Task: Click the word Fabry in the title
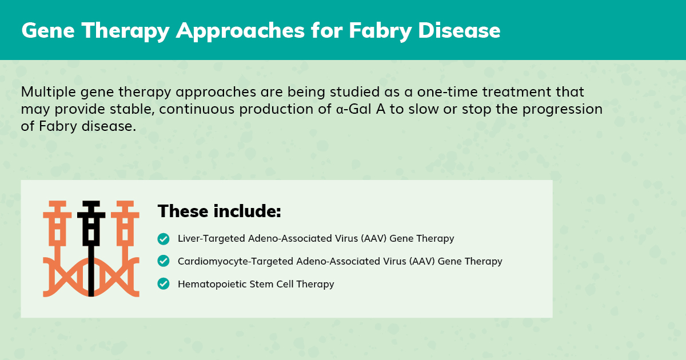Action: (x=380, y=31)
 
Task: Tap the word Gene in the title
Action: (x=48, y=31)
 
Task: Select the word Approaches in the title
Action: (x=241, y=31)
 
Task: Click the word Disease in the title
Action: (x=459, y=31)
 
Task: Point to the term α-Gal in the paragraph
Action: (x=354, y=109)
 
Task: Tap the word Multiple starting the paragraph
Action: (x=49, y=93)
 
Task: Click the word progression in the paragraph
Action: (x=563, y=110)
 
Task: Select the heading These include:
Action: (x=220, y=211)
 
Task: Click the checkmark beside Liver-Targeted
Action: (x=163, y=239)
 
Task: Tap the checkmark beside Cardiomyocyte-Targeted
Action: (x=163, y=261)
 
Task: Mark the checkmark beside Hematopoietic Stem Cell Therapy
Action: (x=163, y=283)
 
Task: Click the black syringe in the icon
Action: (x=91, y=248)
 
